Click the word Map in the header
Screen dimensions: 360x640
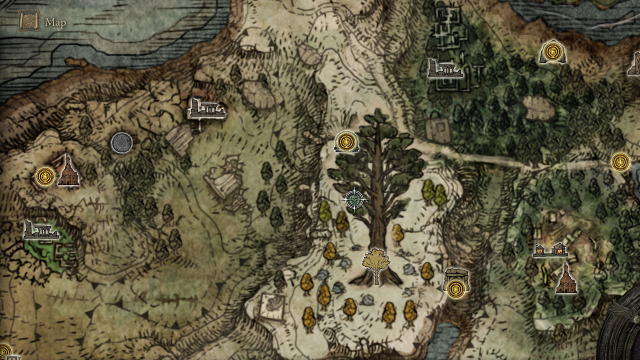[x=55, y=22]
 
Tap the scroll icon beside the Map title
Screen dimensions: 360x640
[x=29, y=21]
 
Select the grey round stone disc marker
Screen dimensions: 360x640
[x=121, y=143]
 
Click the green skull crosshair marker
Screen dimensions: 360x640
[x=354, y=200]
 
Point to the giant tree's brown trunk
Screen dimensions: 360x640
[x=377, y=220]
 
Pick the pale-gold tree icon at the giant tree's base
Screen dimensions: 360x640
[x=376, y=265]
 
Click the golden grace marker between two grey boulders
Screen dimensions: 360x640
[x=552, y=51]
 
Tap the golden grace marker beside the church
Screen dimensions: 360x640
[x=45, y=176]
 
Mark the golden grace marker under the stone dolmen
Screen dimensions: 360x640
[x=455, y=288]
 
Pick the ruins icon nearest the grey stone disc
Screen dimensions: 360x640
[x=206, y=108]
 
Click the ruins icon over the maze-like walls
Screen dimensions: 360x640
[x=444, y=69]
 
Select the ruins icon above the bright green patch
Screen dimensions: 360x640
[x=41, y=230]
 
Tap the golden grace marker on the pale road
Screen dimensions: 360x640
[x=620, y=162]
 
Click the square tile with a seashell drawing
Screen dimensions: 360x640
[x=272, y=306]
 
